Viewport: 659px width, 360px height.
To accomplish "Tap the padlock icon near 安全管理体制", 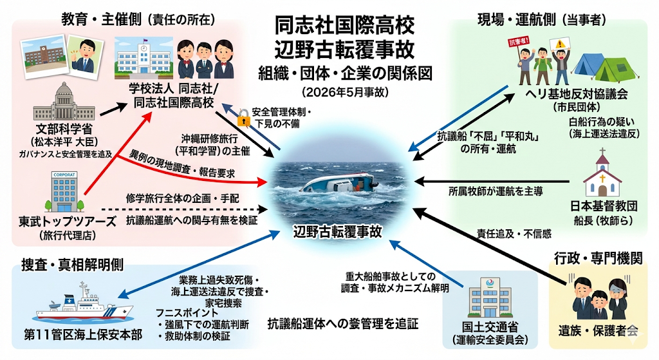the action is (243, 118).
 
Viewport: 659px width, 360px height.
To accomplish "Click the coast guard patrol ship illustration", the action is (84, 303).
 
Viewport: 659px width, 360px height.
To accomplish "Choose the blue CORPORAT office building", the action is (64, 191).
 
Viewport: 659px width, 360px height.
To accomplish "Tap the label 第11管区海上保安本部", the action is (83, 335).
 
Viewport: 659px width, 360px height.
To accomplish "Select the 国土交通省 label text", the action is (490, 327).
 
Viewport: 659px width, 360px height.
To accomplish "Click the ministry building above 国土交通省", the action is (490, 297).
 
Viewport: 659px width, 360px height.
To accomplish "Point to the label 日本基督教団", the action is (604, 206).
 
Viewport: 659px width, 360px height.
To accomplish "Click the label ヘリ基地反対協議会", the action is (577, 94).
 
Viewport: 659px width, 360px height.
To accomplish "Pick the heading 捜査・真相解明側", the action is (72, 265).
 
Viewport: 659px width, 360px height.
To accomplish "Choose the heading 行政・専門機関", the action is (598, 258).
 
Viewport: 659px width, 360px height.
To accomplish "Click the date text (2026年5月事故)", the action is (345, 92).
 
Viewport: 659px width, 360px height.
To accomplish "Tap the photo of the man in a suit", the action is (86, 57).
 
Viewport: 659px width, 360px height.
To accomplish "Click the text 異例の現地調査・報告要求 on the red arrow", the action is (181, 163).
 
